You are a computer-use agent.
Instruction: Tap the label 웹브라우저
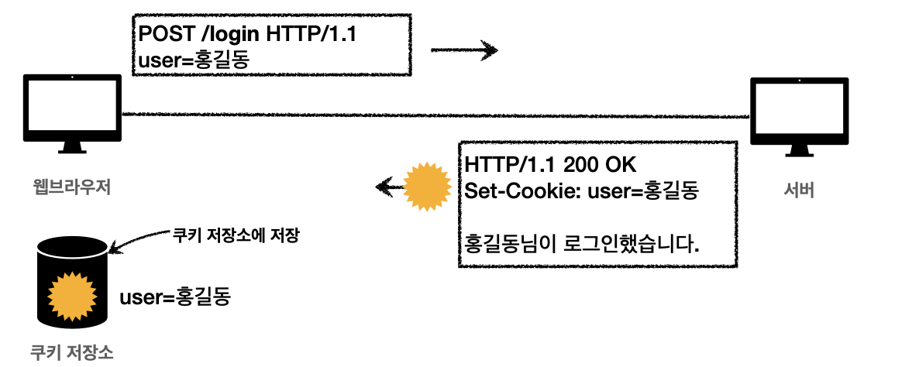[x=71, y=187]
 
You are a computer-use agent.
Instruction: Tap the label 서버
[x=798, y=189]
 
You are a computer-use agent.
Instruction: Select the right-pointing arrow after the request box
[x=464, y=51]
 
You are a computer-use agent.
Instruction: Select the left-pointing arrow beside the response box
[x=390, y=186]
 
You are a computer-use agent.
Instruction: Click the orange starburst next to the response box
[x=429, y=186]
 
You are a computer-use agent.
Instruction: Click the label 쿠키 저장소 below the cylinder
[x=71, y=352]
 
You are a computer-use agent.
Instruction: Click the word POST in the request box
[x=162, y=34]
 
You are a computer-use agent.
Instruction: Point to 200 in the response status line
[x=580, y=165]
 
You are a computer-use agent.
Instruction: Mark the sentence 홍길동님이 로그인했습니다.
[x=582, y=244]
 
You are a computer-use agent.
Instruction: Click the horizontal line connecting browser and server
[x=434, y=115]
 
